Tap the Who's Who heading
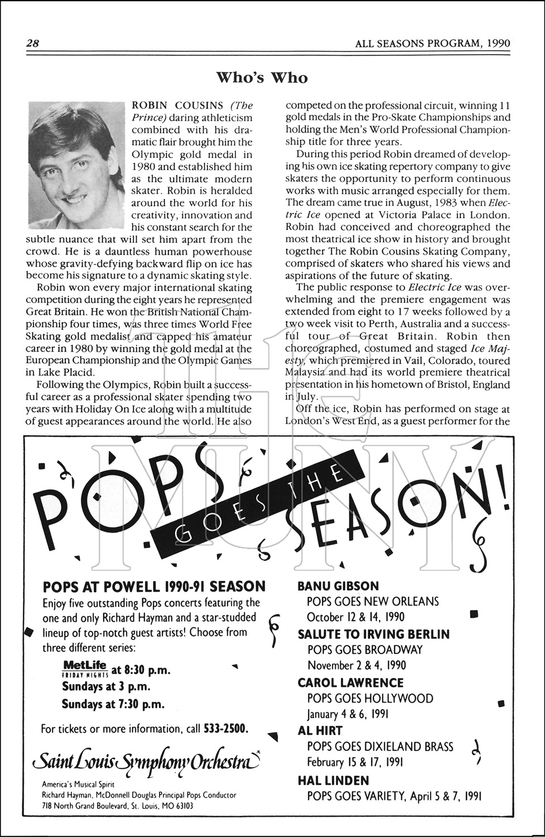[262, 78]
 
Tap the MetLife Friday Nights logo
[85, 668]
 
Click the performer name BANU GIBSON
[338, 586]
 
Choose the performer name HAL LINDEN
[333, 780]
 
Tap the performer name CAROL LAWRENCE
[350, 682]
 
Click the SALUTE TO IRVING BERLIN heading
[374, 634]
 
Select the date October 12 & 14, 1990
[356, 617]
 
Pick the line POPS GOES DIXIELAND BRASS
[380, 747]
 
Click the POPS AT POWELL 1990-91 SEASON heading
[154, 586]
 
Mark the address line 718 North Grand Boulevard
[118, 805]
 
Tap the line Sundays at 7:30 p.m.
[113, 704]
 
